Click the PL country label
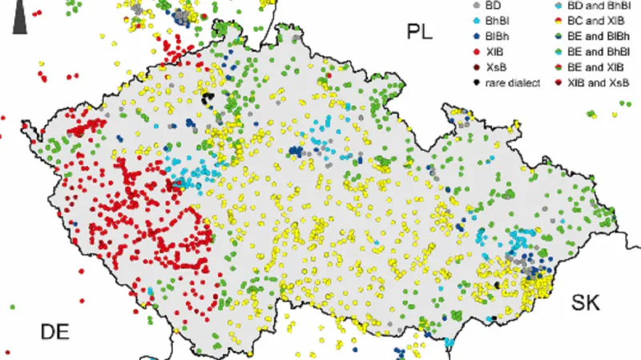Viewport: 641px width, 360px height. click(418, 33)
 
